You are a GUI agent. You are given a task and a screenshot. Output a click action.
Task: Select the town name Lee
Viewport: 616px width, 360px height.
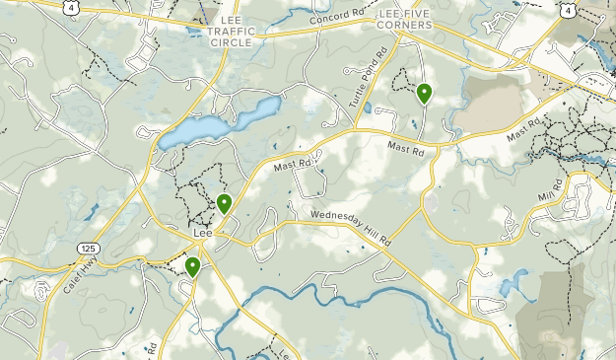coord(204,234)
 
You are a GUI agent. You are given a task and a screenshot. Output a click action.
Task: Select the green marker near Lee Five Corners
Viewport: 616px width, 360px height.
coord(424,94)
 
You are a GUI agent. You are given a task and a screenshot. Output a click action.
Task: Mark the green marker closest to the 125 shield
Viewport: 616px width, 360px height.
coord(192,266)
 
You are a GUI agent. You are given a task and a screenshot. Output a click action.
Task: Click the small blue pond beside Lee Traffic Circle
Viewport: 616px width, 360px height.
coord(194,31)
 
